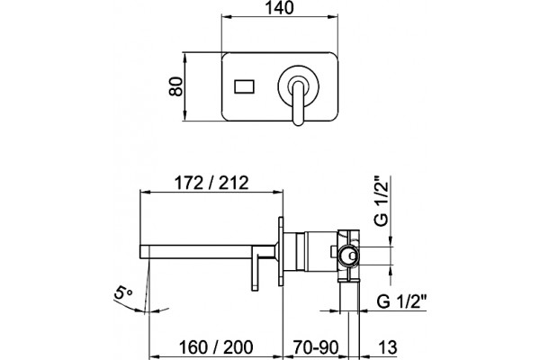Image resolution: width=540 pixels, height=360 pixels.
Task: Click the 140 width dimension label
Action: tap(279, 7)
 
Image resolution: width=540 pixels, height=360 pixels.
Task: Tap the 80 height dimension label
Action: tap(175, 86)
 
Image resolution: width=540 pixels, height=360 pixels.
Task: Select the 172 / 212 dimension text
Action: tap(211, 183)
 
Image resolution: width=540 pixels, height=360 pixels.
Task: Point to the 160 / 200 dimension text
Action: tap(216, 347)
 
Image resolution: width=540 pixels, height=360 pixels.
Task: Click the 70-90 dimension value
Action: tap(316, 347)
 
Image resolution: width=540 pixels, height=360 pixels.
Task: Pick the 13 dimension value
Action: tap(388, 347)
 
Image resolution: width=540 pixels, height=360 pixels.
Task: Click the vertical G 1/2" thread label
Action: tap(382, 201)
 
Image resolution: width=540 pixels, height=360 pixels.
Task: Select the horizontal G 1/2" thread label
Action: tap(401, 301)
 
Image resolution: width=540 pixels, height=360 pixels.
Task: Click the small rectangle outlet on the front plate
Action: tap(245, 86)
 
